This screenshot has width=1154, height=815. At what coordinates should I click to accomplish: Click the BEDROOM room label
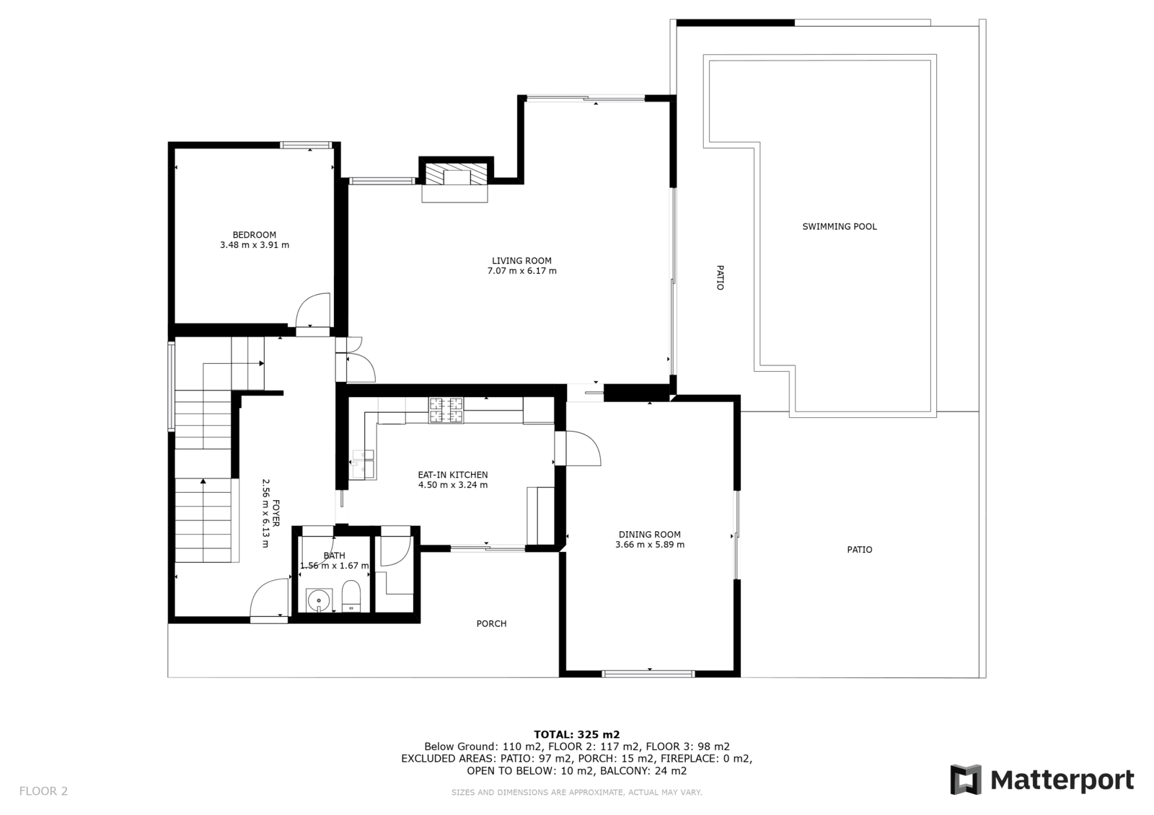pyautogui.click(x=254, y=235)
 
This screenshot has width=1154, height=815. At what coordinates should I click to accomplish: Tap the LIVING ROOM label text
pyautogui.click(x=521, y=261)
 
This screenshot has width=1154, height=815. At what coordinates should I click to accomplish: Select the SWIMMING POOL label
pyautogui.click(x=840, y=226)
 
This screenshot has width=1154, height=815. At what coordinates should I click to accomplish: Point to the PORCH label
pyautogui.click(x=491, y=624)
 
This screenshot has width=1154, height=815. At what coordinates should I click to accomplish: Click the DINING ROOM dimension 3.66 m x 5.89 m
pyautogui.click(x=650, y=545)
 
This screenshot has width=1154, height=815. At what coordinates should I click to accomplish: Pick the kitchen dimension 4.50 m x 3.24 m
pyautogui.click(x=452, y=485)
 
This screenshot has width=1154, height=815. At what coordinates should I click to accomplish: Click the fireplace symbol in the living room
pyautogui.click(x=455, y=174)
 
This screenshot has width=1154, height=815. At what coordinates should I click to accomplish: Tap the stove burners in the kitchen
pyautogui.click(x=446, y=410)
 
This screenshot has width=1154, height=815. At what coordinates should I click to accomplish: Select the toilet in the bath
pyautogui.click(x=352, y=596)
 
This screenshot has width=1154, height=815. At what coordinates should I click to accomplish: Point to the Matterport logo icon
pyautogui.click(x=966, y=780)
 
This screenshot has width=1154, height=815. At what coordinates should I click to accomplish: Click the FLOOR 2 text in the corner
pyautogui.click(x=44, y=791)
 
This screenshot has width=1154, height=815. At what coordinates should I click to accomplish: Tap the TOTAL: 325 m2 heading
pyautogui.click(x=576, y=735)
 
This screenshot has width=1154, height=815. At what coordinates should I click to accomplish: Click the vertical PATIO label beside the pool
pyautogui.click(x=721, y=277)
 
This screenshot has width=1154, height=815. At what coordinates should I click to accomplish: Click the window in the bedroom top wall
pyautogui.click(x=306, y=145)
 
